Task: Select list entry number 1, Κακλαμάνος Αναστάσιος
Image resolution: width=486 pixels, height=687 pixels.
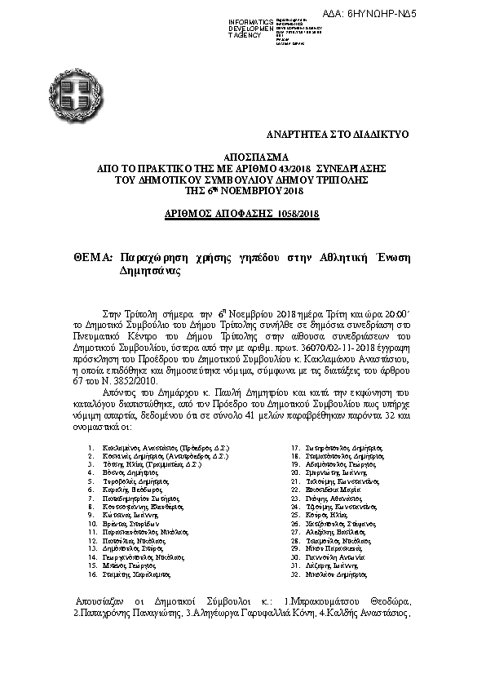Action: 160,448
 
